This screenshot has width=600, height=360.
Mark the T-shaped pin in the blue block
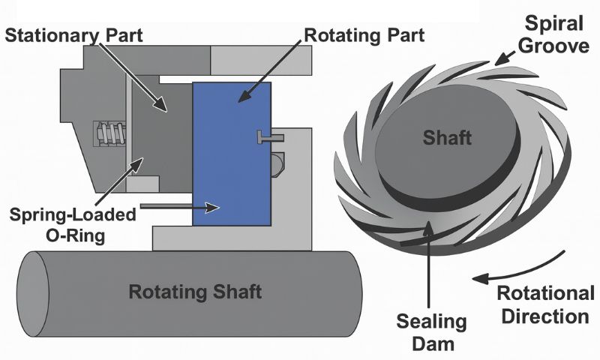(x=267, y=136)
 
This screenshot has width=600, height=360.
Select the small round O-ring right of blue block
(x=279, y=161)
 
